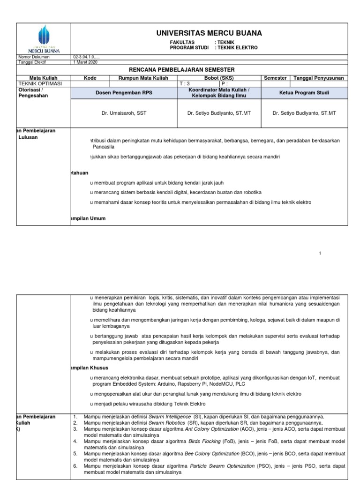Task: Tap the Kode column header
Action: tap(90, 78)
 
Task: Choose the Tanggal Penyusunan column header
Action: tap(319, 78)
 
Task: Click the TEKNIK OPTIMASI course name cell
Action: tap(36, 83)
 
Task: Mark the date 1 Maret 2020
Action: tap(84, 61)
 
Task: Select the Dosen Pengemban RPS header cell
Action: tap(124, 93)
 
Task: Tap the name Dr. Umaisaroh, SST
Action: tap(124, 113)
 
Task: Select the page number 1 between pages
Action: tap(320, 254)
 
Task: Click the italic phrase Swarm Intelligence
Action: tap(169, 416)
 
